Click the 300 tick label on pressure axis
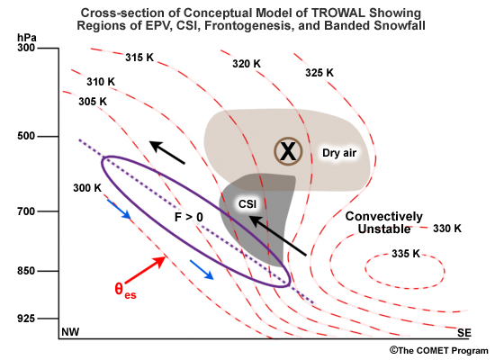pos(26,48)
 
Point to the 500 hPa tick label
pos(26,136)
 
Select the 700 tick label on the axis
pos(26,211)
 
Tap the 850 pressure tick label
pos(26,271)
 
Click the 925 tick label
pos(26,319)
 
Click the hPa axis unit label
pos(27,38)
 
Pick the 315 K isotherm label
pos(139,58)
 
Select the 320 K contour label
pos(247,64)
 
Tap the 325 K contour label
pos(319,73)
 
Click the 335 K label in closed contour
pos(406,253)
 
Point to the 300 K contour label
pos(87,188)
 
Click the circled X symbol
pos(288,151)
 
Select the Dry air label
pos(339,153)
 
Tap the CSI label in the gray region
pos(247,204)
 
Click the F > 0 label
pos(189,217)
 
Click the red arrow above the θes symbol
pos(145,270)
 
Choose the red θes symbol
pos(125,290)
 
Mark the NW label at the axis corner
pos(70,332)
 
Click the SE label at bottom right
pos(464,332)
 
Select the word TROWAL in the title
pos(338,13)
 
